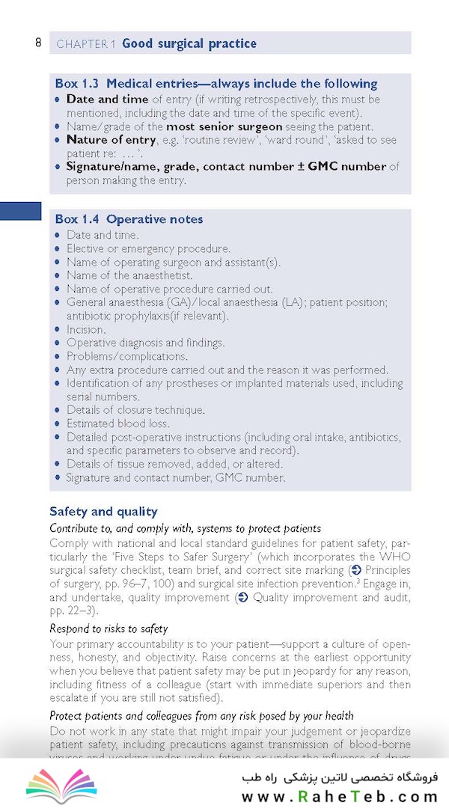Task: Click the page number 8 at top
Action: point(38,43)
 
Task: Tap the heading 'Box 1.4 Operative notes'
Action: point(129,219)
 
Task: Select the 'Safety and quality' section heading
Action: point(103,512)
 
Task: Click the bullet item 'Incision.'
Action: point(86,329)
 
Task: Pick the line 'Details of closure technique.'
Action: point(135,410)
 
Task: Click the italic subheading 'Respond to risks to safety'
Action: point(109,628)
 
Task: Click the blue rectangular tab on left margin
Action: point(20,211)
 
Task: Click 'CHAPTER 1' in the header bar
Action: point(85,44)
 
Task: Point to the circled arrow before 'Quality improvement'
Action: point(242,597)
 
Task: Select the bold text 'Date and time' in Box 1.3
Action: point(107,99)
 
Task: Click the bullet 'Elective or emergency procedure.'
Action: point(148,248)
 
